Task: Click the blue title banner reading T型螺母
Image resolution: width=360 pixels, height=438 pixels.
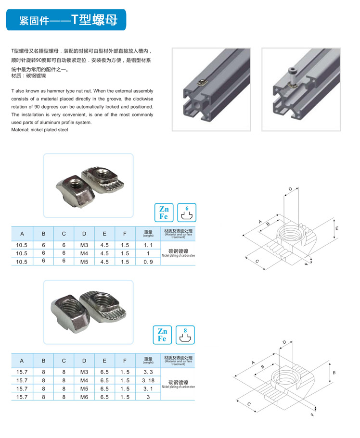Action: click(x=66, y=20)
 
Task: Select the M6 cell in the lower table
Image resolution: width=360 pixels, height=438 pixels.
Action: click(x=84, y=397)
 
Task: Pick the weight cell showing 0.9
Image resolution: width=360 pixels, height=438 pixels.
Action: click(x=148, y=262)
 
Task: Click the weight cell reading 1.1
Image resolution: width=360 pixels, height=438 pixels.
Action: click(x=148, y=245)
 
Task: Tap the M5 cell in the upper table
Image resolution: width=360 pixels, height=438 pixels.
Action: click(x=84, y=262)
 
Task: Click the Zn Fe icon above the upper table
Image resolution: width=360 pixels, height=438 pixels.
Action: click(x=164, y=213)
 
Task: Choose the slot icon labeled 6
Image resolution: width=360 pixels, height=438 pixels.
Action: click(x=187, y=213)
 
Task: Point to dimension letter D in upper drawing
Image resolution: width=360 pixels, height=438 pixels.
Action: click(x=290, y=189)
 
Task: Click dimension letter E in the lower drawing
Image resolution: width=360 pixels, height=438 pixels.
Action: click(x=334, y=373)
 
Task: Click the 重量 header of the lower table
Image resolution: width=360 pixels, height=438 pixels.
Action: click(x=148, y=360)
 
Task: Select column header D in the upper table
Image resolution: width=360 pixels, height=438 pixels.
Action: click(x=84, y=234)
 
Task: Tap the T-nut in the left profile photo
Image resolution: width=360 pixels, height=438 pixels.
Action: click(x=203, y=83)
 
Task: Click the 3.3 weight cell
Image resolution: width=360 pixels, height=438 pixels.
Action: click(x=148, y=372)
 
